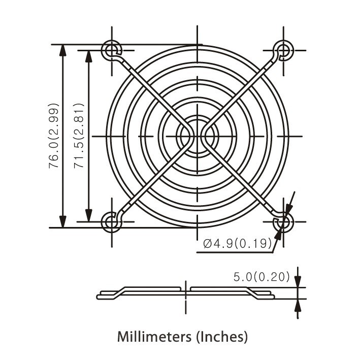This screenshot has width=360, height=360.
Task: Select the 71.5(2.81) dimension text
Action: click(79, 136)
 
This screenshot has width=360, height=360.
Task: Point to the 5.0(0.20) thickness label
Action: click(261, 277)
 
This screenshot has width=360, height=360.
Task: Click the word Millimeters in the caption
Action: click(149, 336)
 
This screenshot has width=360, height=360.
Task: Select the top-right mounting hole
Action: click(283, 50)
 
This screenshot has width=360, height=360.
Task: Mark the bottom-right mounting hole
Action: click(283, 222)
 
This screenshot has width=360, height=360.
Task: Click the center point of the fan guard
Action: click(197, 136)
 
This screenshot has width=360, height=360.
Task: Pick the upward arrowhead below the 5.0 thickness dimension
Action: click(298, 304)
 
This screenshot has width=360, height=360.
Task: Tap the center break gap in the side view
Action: click(186, 291)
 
